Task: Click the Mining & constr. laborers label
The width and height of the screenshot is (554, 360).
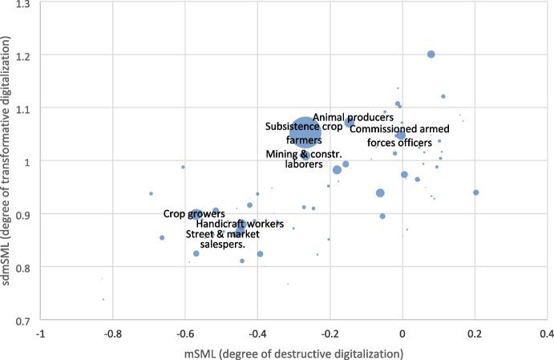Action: coord(304,159)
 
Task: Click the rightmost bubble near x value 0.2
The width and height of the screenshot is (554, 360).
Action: coord(476,192)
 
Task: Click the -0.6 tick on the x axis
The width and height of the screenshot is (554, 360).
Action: coord(184,333)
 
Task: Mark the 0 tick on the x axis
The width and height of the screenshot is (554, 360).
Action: coord(402,333)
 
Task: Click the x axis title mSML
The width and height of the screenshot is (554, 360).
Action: coord(293,351)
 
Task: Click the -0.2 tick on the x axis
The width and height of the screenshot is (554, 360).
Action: coord(329,333)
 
